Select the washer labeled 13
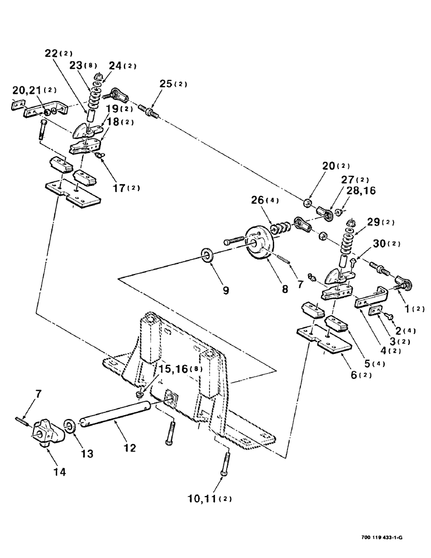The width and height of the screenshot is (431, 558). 70,426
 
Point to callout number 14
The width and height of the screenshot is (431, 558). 60,472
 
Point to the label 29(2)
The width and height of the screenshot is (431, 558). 381,223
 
